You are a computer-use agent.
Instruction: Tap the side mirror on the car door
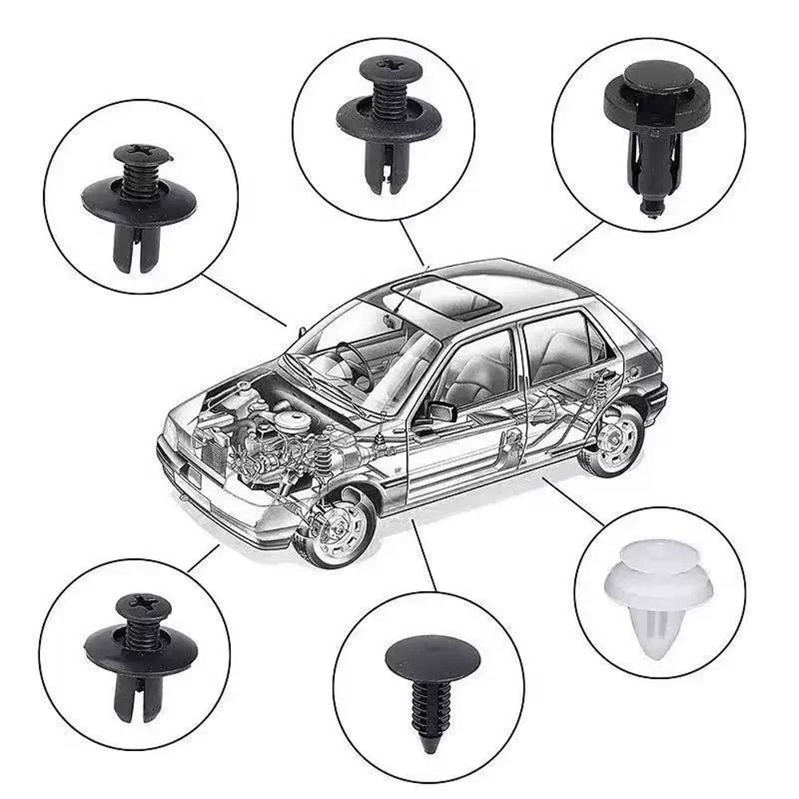(440, 411)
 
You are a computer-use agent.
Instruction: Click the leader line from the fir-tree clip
(423, 555)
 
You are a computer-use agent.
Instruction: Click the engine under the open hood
(264, 447)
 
